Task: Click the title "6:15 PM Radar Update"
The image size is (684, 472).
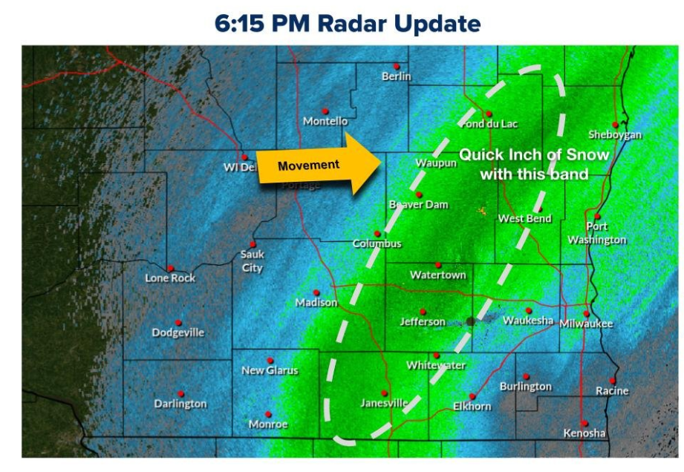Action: (348, 24)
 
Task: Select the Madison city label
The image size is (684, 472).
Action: (316, 303)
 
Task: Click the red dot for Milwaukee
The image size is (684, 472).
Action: (586, 313)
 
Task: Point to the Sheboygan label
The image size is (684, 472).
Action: (615, 135)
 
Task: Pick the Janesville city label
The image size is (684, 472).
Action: (384, 403)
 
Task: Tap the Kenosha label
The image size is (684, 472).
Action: (584, 433)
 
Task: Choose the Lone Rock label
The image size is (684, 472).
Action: (170, 278)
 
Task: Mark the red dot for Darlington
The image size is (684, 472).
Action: (180, 394)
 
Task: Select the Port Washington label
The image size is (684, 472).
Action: (597, 233)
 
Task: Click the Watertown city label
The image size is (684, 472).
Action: (438, 275)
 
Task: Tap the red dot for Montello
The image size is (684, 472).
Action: (325, 111)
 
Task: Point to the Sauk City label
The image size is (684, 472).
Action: (252, 260)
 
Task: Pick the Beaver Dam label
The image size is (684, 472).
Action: (419, 204)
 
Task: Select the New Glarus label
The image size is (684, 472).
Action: (270, 370)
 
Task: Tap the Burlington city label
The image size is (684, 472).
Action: (526, 387)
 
